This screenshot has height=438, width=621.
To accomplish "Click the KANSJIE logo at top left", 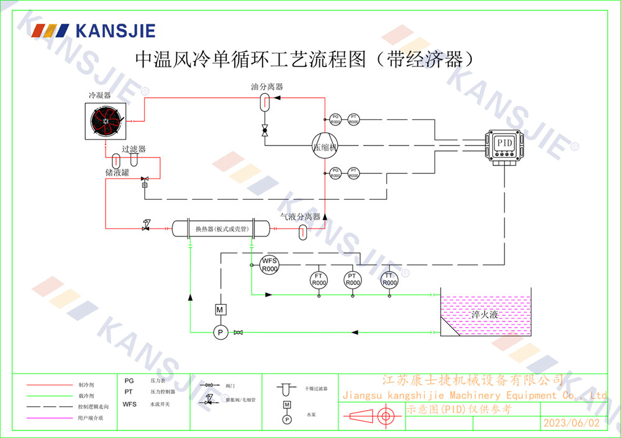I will pyautogui.click(x=93, y=30).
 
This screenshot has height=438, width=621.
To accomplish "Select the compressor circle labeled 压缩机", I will pyautogui.click(x=324, y=146).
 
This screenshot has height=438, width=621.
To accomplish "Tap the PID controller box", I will pyautogui.click(x=504, y=143).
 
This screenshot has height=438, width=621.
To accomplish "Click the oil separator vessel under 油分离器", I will pyautogui.click(x=263, y=102).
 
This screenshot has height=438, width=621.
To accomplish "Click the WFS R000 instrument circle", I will pyautogui.click(x=269, y=265).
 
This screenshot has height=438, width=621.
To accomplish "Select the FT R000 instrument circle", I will pyautogui.click(x=319, y=279).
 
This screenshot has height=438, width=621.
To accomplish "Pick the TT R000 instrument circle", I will pyautogui.click(x=389, y=279).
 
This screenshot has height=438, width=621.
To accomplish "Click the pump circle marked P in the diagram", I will pyautogui.click(x=219, y=333).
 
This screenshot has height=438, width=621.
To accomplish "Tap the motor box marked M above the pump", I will pyautogui.click(x=219, y=310).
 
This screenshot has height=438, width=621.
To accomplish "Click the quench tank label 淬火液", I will pyautogui.click(x=484, y=315).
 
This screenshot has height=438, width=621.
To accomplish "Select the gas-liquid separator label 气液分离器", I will pyautogui.click(x=300, y=217).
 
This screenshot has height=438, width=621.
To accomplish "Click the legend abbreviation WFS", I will pyautogui.click(x=129, y=404).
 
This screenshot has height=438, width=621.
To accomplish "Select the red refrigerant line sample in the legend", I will pyautogui.click(x=50, y=385).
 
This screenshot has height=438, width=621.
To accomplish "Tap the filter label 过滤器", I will pyautogui.click(x=134, y=149).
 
